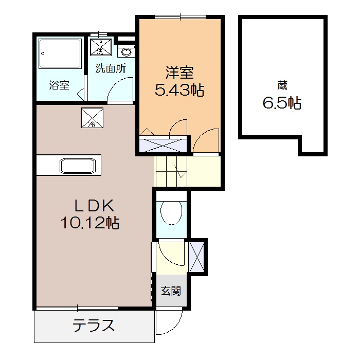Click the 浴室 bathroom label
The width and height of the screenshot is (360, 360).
(59, 85)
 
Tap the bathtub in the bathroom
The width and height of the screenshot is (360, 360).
(61, 54)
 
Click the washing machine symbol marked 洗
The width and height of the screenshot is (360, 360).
(99, 47)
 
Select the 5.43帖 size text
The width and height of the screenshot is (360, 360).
(179, 91)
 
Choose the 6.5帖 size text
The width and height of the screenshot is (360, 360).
(282, 103)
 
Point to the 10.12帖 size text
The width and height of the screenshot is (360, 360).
(91, 223)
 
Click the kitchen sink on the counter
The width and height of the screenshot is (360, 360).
(78, 166)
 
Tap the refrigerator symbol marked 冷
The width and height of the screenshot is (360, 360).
(93, 118)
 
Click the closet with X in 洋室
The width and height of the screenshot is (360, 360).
(164, 145)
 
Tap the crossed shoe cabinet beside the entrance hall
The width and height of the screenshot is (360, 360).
(197, 256)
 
